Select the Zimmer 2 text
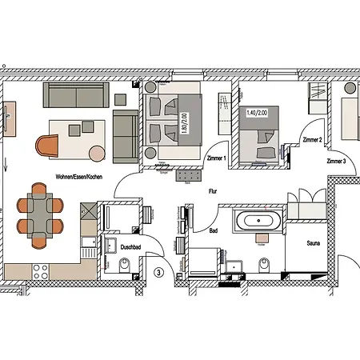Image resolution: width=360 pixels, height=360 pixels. point(312,139)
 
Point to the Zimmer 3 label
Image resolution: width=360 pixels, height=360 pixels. point(337,161)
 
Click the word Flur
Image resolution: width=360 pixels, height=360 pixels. point(213,192)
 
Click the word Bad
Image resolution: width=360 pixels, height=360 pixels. point(214,230)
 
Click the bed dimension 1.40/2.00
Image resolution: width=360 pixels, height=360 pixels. point(258,114)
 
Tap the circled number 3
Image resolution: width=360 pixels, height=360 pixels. point(159,272)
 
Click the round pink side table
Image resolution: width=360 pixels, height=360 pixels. point(95,152)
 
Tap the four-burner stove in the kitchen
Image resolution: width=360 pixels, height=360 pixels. point(40,272)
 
